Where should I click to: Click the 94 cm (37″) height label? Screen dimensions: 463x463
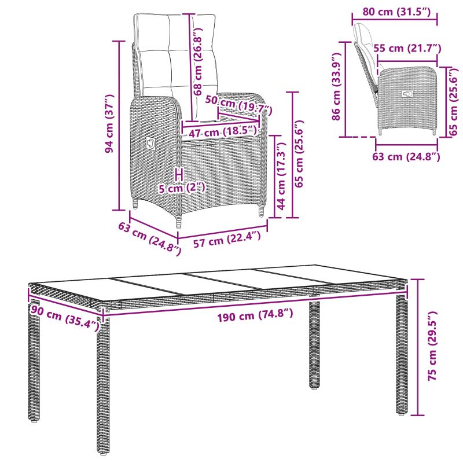coord(109,123)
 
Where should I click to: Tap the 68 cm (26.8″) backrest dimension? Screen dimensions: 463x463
coord(197,61)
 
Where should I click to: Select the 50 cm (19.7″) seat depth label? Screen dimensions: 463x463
coord(238,105)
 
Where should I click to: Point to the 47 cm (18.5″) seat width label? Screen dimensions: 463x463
coord(223,132)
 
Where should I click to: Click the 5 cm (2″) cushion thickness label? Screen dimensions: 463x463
coord(181,188)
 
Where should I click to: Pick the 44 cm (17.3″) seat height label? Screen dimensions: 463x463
coord(281,176)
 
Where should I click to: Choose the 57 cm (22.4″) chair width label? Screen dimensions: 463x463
coord(227,239)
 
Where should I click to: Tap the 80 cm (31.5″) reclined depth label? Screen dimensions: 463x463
coord(396,12)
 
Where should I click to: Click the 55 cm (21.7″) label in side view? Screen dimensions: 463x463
coord(407,48)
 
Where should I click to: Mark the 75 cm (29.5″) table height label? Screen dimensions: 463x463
coord(432,346)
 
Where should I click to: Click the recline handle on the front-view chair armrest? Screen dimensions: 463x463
coord(151,144)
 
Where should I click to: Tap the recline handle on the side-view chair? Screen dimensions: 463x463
coord(408,94)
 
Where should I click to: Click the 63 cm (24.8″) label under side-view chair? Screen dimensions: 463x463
coord(406,156)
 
